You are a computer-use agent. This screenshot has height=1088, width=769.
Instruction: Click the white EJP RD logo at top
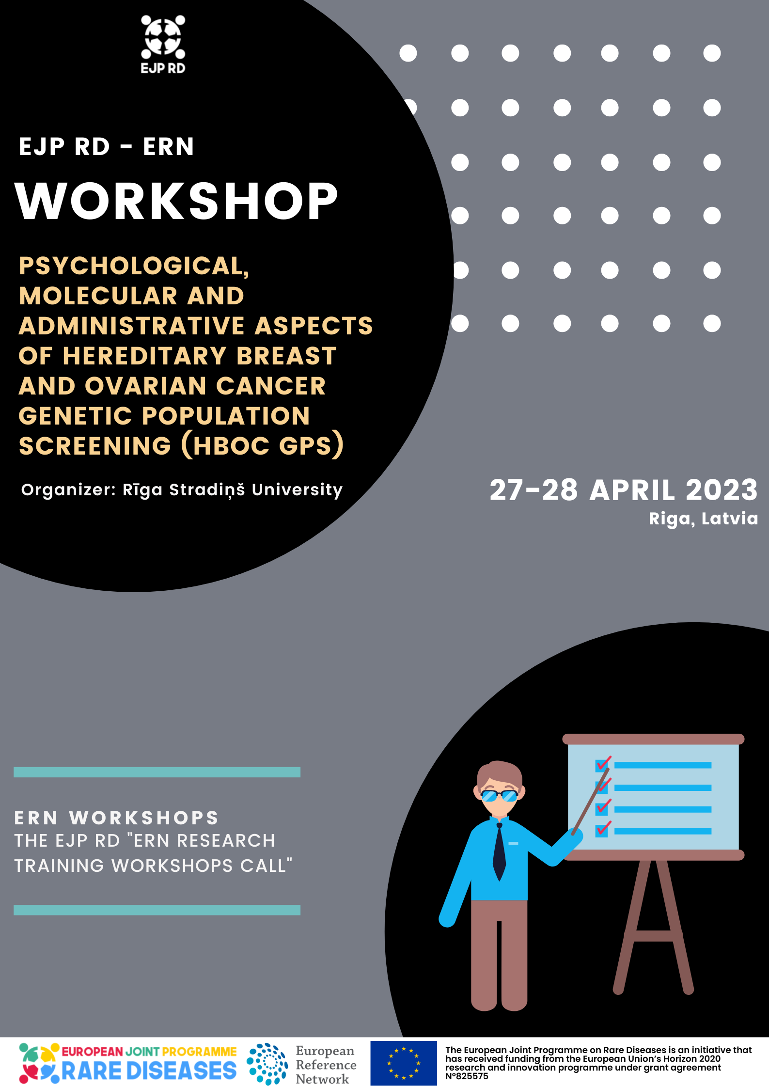[163, 45]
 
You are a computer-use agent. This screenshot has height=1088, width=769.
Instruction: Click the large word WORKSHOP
[176, 201]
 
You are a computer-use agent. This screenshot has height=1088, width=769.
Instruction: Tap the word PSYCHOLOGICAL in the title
[134, 266]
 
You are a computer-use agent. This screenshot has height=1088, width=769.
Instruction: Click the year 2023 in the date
[722, 490]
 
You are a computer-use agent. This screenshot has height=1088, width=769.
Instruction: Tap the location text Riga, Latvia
[703, 519]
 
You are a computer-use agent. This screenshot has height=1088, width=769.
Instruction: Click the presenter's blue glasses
[499, 795]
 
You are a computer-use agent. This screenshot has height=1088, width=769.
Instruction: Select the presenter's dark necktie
[499, 851]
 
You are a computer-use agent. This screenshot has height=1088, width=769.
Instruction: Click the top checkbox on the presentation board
[602, 765]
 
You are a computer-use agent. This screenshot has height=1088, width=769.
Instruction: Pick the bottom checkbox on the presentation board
[602, 830]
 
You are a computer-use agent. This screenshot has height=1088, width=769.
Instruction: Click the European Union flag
[404, 1063]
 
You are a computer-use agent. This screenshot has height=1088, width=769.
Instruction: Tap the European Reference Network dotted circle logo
[267, 1064]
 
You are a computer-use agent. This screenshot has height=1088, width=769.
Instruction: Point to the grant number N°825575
[467, 1076]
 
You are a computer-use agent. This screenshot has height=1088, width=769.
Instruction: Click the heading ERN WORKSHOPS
[116, 818]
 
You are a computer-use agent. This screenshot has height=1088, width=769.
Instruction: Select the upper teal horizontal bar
[157, 772]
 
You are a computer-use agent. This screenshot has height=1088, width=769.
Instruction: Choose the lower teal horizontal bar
[157, 910]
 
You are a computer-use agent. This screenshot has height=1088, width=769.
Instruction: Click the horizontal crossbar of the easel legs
[653, 936]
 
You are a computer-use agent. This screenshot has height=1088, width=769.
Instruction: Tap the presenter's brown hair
[499, 773]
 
